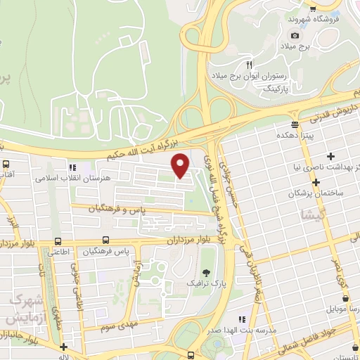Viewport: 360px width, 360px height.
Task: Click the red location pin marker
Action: [181, 165]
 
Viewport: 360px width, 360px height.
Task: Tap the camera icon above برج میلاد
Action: [294, 35]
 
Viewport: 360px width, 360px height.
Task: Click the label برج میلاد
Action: [294, 46]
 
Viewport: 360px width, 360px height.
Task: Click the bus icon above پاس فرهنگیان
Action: [105, 240]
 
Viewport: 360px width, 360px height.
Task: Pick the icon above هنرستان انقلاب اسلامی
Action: [72, 167]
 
